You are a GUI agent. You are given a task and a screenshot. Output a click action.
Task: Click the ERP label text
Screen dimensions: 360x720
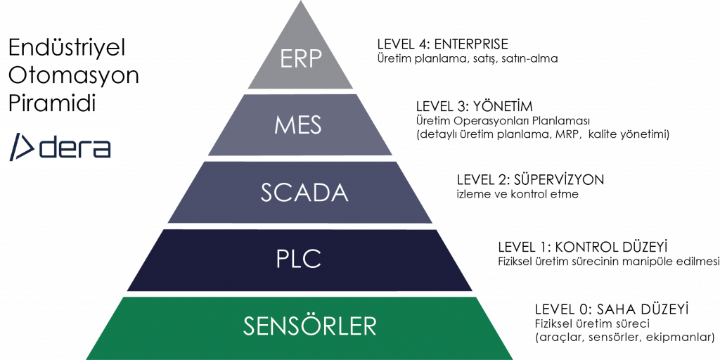coord(300,58)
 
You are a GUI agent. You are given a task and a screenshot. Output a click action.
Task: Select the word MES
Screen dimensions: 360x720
coord(300,125)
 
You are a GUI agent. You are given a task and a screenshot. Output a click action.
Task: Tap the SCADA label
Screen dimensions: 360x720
coord(304,193)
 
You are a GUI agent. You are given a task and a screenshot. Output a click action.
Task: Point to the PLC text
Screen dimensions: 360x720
coord(299,259)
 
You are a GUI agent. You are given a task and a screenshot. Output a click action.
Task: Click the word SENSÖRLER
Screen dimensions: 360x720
coord(310,326)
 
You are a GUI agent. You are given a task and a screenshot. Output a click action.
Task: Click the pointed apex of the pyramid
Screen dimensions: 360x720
coord(300,3)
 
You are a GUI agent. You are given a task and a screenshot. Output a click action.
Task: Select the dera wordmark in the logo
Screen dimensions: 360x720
coord(74,148)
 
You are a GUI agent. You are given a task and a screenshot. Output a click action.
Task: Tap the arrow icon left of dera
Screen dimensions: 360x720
coord(22,147)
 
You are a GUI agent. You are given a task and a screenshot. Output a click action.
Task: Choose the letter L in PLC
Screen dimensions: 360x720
coord(298,259)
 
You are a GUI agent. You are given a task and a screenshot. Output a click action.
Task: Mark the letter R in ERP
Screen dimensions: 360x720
coord(301,58)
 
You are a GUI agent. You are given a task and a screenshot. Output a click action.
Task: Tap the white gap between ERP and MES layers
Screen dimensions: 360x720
coord(300,91)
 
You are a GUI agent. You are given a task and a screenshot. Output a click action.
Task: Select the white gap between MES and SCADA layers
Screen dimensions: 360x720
coord(300,158)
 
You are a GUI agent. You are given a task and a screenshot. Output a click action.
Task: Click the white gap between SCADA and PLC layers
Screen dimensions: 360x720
coord(300,226)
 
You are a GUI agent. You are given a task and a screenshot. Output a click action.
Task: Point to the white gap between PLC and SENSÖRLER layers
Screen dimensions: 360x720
coord(300,293)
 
